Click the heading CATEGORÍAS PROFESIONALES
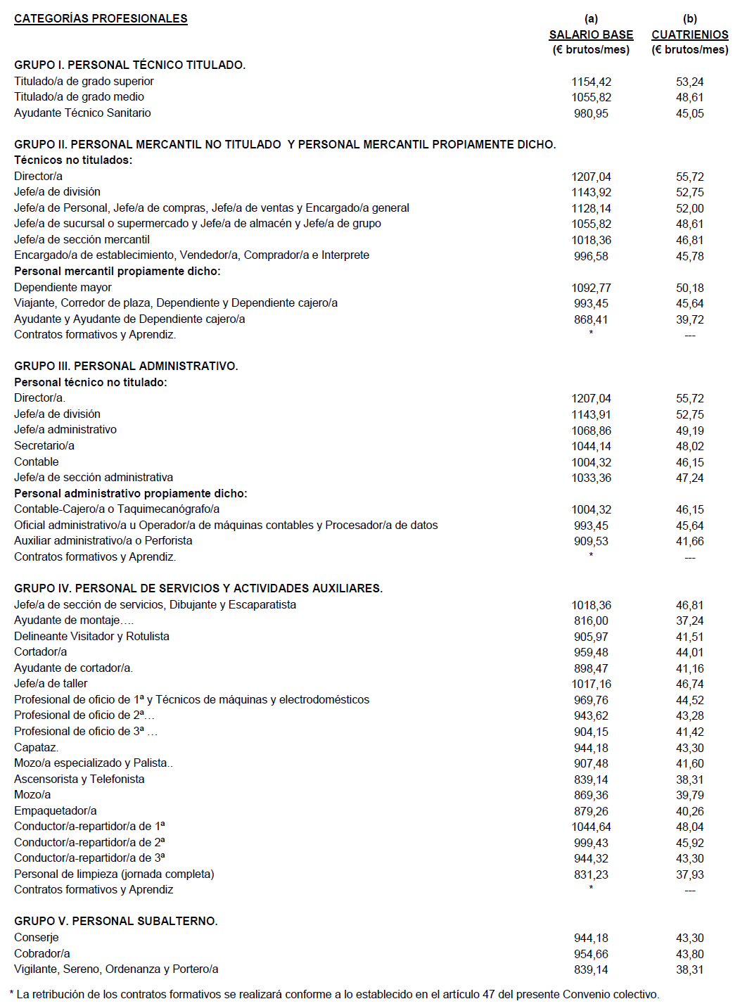coord(101,19)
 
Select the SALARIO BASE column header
coord(591,34)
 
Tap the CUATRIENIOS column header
coord(689,34)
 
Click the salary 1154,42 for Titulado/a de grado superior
coord(591,82)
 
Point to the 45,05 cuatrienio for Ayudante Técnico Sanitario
coord(689,113)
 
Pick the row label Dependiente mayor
coord(63,287)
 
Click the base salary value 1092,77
coord(591,288)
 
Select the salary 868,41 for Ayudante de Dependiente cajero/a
coord(591,319)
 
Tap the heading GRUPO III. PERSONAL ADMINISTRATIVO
coord(126,366)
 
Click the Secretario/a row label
coord(44,445)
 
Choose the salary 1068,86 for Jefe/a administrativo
coord(591,431)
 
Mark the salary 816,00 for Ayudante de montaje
coord(591,620)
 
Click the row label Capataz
coord(36,747)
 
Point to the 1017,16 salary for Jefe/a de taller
coord(591,684)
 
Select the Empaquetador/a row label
coord(56,810)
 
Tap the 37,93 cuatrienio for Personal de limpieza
coord(689,874)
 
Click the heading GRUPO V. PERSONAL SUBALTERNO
coord(116,921)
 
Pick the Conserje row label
coord(37,937)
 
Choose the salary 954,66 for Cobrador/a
coord(591,954)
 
